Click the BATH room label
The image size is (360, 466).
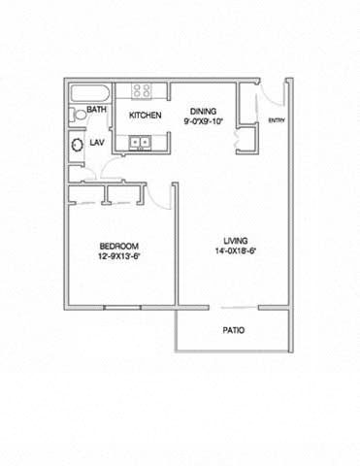point(96,110)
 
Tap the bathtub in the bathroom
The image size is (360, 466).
point(90,94)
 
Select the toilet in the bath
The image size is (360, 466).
point(78,115)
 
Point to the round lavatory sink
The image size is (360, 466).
point(78,145)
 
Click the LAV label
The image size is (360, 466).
point(97,143)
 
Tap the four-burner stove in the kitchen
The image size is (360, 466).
point(142,90)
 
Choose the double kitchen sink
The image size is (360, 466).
point(140,143)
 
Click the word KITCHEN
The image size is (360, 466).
point(145,116)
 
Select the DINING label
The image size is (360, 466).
point(203,112)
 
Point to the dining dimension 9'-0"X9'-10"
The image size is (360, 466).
point(204,121)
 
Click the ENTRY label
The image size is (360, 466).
point(277,120)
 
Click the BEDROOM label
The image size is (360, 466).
point(119,247)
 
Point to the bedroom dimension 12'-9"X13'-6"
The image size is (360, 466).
point(118,256)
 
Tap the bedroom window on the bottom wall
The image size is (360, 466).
point(122,308)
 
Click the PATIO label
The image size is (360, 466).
point(234,330)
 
